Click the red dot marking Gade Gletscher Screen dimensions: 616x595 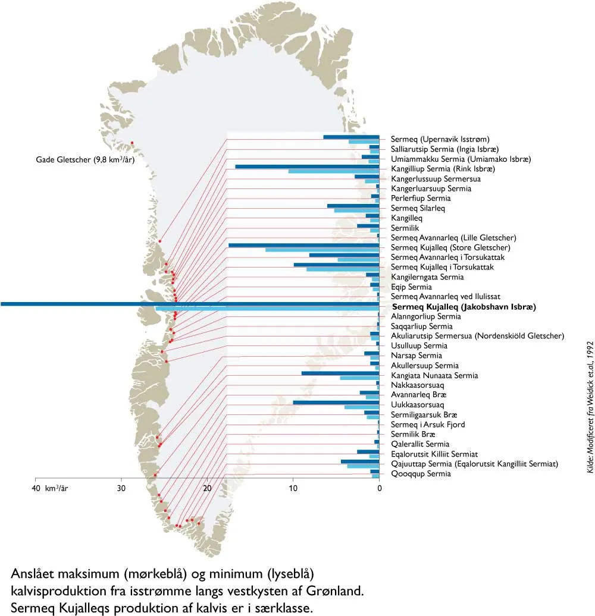point(131,142)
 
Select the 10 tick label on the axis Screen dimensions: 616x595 point(293,489)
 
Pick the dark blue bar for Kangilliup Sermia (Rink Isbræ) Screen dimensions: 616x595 point(307,166)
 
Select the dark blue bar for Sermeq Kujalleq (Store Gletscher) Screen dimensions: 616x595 point(303,245)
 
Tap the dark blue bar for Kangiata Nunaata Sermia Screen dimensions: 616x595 point(340,373)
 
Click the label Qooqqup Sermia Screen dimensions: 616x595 point(421,474)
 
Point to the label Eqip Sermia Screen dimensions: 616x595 point(411,287)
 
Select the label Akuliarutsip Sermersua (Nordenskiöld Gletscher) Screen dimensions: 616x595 point(477,336)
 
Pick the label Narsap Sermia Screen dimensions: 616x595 point(416,356)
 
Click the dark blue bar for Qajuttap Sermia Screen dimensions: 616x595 point(360,461)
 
